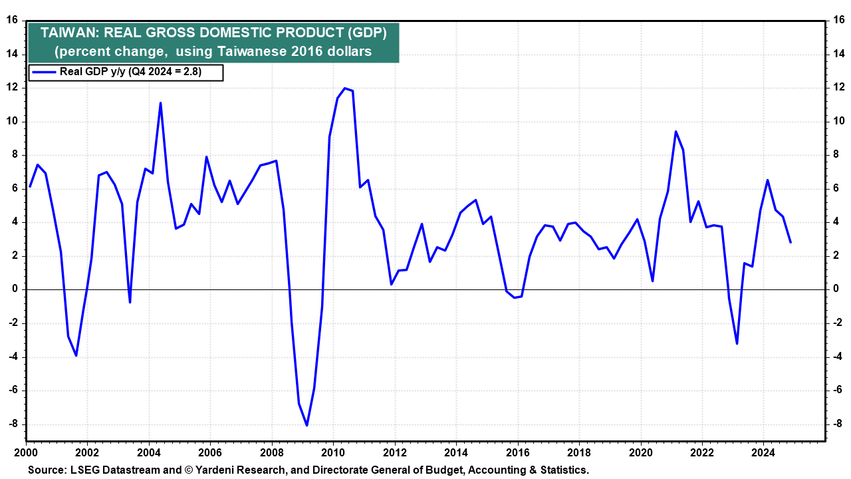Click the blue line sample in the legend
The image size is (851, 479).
click(43, 73)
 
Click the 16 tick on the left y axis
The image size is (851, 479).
click(12, 20)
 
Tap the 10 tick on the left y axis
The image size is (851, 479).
click(12, 122)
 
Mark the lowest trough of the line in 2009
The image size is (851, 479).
click(306, 425)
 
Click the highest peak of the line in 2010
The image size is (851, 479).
click(344, 88)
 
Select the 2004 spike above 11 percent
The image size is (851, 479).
click(160, 102)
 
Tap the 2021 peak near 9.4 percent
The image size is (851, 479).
click(675, 132)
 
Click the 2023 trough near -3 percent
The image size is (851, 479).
click(737, 343)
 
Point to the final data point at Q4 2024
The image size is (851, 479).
click(790, 242)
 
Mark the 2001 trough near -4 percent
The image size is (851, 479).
click(76, 355)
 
